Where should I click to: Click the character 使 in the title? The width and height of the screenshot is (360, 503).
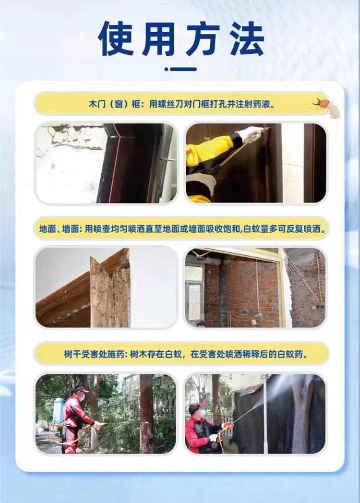click(x=116, y=39)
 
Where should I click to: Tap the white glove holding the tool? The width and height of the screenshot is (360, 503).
click(x=250, y=133)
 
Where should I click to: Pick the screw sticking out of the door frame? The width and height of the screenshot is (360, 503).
click(x=168, y=159)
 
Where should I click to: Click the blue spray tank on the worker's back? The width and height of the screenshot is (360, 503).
click(x=58, y=411)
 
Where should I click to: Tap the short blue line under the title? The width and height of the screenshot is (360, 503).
click(x=183, y=69)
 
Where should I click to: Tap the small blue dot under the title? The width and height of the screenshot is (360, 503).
click(x=166, y=69)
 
